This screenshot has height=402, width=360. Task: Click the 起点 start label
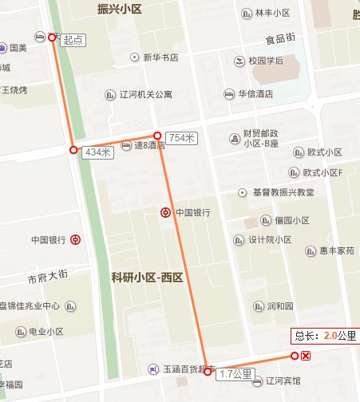73,39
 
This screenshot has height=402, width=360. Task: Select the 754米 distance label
182,138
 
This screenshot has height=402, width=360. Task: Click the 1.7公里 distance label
236,373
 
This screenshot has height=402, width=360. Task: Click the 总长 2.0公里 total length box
325,337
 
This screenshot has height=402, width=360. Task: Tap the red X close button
306,356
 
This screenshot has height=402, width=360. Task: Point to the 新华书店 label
160,57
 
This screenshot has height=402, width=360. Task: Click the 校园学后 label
266,61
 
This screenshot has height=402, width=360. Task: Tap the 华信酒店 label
255,93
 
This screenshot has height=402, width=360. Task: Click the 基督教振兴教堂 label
283,192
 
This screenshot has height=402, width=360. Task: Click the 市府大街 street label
48,278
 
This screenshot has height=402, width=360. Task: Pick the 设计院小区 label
269,239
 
